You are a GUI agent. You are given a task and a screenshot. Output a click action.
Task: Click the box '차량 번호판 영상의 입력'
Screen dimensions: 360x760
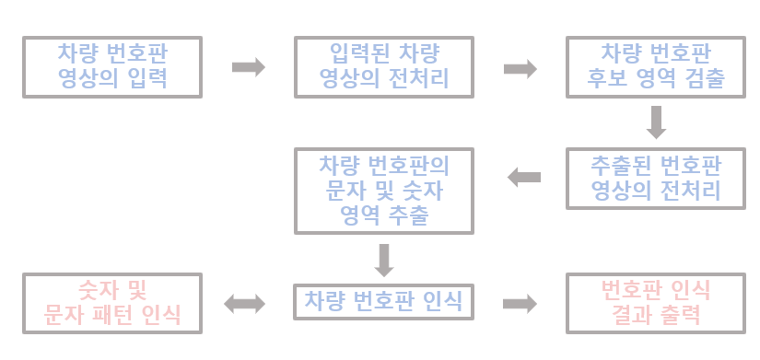tap(112, 66)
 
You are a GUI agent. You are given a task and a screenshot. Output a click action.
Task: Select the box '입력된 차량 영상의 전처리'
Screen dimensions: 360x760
tap(383, 66)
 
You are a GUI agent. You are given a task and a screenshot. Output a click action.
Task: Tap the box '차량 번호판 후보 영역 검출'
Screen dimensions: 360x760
tap(655, 66)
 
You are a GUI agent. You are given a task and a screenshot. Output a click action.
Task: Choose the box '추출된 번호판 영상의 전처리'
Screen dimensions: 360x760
tap(655, 178)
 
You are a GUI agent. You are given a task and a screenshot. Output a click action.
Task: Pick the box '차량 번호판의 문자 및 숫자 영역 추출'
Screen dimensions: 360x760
tap(383, 192)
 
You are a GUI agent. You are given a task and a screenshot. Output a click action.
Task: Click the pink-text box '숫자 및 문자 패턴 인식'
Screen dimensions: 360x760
tap(112, 303)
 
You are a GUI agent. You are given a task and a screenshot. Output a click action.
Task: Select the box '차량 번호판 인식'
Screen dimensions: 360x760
tap(383, 301)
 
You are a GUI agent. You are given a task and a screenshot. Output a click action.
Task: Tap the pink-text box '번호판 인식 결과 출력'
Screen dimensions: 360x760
tap(655, 303)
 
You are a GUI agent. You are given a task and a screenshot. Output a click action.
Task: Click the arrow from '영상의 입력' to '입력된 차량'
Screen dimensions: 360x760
tap(248, 67)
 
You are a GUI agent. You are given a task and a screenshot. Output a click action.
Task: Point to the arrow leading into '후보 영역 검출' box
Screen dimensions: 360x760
tap(520, 68)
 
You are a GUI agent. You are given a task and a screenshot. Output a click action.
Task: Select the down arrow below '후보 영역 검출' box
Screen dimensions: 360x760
tap(656, 122)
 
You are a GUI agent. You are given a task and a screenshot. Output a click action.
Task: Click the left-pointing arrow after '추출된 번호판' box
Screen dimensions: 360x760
tap(524, 177)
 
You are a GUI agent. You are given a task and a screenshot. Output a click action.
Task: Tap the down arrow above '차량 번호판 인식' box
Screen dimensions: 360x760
tap(384, 260)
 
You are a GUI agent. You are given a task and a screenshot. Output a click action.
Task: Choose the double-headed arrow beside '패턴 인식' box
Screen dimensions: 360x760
tap(245, 304)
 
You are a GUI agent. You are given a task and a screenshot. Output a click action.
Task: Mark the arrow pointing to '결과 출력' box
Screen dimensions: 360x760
tap(520, 304)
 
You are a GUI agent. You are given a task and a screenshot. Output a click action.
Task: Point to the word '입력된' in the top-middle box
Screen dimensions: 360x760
tap(355, 52)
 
